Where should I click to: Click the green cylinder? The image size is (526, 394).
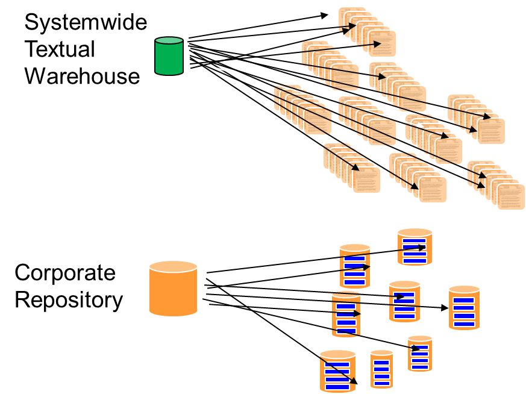point(169,57)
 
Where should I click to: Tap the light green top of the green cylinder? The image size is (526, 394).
point(169,41)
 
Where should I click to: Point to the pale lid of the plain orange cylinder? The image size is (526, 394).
point(173,266)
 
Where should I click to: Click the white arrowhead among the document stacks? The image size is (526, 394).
point(421,124)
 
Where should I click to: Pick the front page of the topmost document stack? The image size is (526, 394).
point(383,43)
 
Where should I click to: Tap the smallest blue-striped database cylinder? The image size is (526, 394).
point(381,370)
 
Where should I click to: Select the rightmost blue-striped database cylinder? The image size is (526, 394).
point(464,308)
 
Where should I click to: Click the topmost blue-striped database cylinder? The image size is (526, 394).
point(415,247)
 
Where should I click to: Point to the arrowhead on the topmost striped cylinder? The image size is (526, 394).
point(422,246)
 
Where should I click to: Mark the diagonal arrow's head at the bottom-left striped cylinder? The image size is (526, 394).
point(354,381)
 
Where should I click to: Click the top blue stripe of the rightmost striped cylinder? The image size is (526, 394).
point(464,300)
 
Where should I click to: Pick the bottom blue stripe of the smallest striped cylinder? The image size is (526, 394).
point(381,383)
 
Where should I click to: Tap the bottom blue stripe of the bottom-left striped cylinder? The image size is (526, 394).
point(337,387)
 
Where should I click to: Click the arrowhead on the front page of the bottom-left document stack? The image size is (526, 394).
point(357,168)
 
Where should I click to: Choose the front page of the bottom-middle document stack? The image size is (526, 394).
point(433,189)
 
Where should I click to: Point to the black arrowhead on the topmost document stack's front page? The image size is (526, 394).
point(378,44)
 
